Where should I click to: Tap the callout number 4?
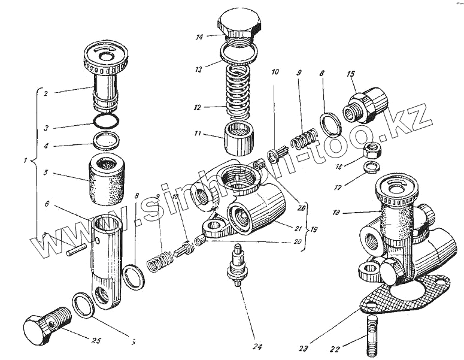tap(46, 145)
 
